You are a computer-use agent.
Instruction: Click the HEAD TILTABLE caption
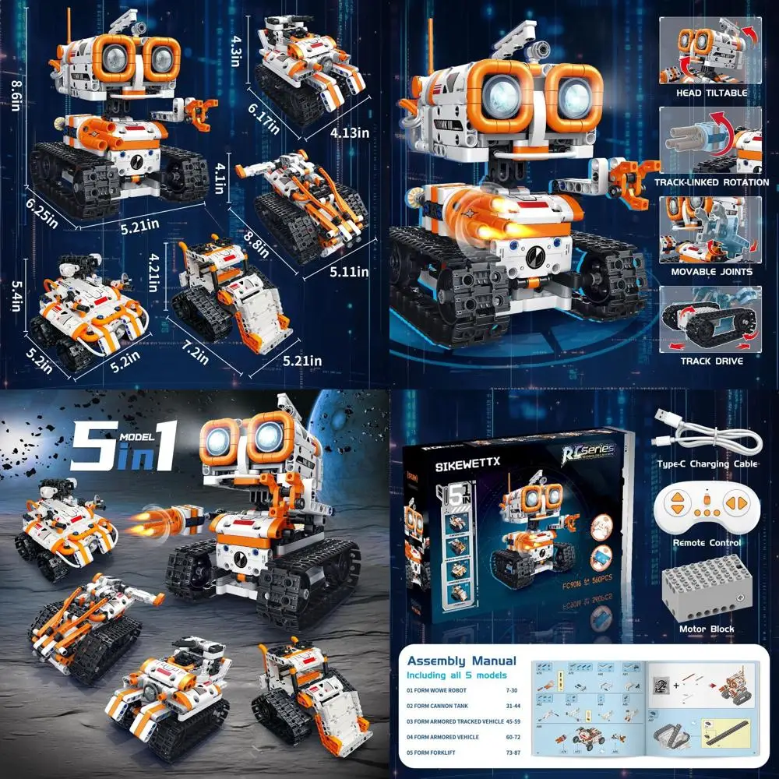710,93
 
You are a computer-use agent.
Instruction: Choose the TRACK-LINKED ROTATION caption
710,182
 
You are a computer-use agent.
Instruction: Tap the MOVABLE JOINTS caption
710,272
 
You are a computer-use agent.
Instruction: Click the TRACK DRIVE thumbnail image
710,319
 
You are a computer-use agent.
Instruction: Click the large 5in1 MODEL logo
125,447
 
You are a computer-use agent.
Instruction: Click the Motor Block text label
706,629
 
